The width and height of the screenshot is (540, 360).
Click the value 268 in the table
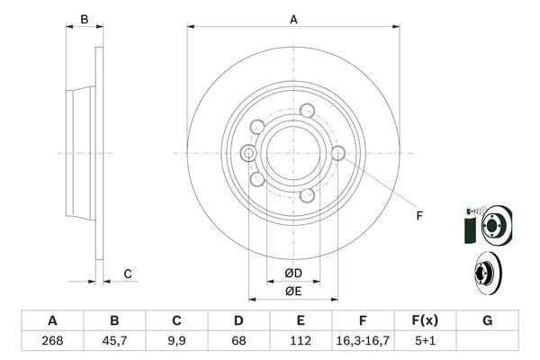52,340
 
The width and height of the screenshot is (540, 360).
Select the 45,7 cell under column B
114,340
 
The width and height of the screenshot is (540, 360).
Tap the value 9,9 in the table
176,340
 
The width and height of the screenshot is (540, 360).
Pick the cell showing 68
238,340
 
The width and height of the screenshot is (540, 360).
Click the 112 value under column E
301,340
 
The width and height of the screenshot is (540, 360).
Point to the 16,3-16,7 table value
363,340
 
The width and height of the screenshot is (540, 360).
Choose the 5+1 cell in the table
425,340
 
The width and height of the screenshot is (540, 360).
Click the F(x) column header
425,320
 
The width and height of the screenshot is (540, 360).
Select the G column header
487,320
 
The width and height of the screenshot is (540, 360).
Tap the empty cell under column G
487,340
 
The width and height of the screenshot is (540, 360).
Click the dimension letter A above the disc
293,18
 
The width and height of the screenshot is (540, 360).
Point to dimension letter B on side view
84,19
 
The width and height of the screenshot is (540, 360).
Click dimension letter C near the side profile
128,274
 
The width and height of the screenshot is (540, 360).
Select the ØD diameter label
293,273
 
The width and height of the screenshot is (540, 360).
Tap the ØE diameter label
293,291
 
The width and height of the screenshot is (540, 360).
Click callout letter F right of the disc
418,214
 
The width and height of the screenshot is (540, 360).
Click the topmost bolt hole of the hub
307,111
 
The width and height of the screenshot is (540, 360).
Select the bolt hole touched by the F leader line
338,153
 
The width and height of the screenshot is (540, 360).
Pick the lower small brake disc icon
486,273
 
